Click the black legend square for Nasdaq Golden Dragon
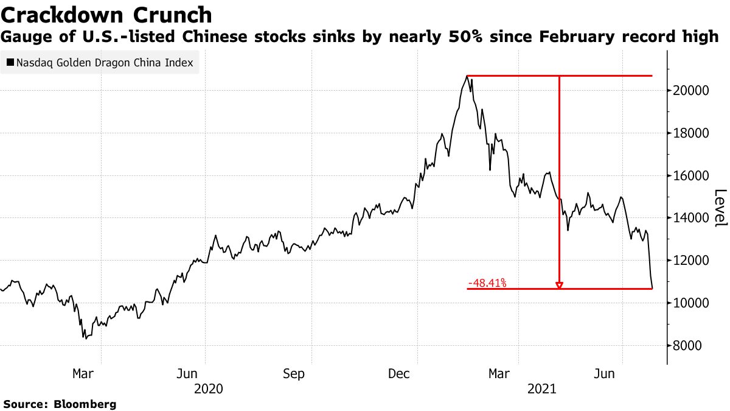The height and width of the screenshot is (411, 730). click(10, 62)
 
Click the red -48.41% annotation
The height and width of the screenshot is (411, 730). click(487, 283)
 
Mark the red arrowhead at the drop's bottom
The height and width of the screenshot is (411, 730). click(559, 285)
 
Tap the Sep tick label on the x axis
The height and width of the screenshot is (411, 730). click(294, 374)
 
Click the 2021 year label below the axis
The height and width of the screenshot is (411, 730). click(544, 388)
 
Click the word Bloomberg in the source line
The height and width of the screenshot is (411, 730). click(85, 404)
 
